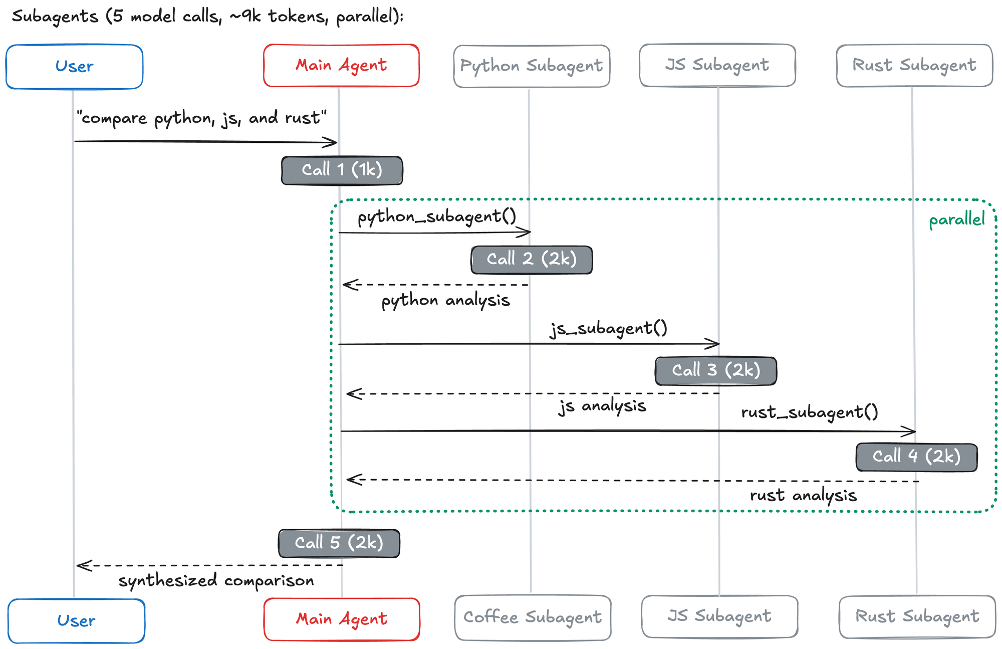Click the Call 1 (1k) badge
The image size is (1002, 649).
pos(342,170)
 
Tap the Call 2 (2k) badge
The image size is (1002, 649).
pos(532,260)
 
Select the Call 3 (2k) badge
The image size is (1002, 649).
pos(716,371)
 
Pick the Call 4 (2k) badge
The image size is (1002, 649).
pos(916,457)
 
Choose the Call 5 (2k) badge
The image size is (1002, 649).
pos(339,543)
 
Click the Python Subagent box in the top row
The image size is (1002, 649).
pos(532,66)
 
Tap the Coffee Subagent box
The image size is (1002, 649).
pos(533,617)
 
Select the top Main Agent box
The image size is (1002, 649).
pos(341,66)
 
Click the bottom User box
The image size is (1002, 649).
pos(76,620)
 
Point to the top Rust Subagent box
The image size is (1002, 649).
pos(914,66)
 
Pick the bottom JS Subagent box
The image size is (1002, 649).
pos(719,616)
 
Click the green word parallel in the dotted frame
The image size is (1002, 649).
pos(956,220)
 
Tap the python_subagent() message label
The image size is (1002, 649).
pos(436,217)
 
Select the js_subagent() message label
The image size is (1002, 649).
pos(609,329)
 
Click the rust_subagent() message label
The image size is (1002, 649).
pos(810,412)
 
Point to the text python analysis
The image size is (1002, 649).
pos(445,301)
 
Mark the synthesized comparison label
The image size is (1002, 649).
pos(216,581)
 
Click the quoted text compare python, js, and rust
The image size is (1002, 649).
pos(201,118)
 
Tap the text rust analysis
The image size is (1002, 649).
pos(803,496)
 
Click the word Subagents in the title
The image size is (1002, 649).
pos(55,17)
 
